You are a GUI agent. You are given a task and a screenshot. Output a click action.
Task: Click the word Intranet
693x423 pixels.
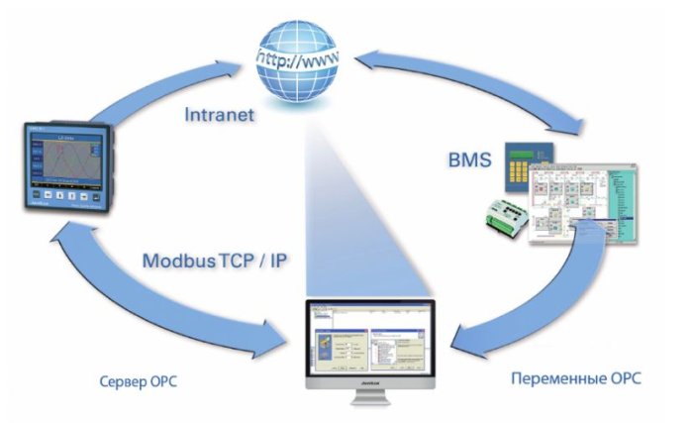click(x=220, y=115)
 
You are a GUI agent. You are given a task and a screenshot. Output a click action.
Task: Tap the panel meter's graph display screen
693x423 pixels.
click(x=68, y=159)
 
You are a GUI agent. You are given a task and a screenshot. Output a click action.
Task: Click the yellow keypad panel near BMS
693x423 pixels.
click(x=524, y=167)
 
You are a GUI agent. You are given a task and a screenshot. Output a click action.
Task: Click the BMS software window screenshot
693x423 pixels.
click(x=584, y=203)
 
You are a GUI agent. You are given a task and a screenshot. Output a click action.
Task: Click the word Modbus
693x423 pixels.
click(x=178, y=263)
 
